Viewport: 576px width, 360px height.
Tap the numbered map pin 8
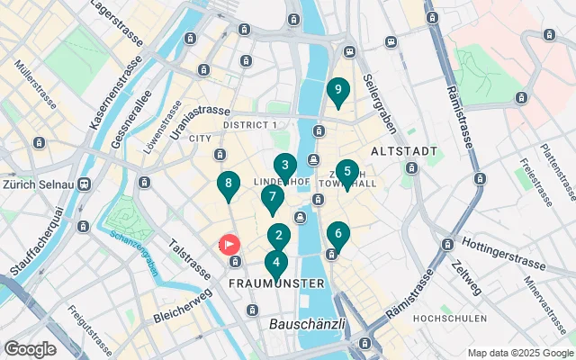pos(229,185)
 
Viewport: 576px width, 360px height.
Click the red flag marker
pos(229,244)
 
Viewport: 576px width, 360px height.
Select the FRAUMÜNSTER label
pos(276,284)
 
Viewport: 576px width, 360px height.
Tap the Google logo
pos(30,349)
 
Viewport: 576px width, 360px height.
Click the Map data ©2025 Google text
pos(520,353)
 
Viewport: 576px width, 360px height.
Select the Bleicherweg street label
pos(183,304)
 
